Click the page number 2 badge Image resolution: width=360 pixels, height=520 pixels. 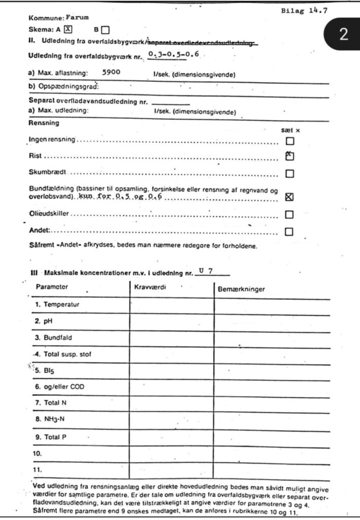pyautogui.click(x=343, y=35)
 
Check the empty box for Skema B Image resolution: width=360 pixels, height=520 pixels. pyautogui.click(x=105, y=29)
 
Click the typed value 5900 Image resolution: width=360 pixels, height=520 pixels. pyautogui.click(x=111, y=73)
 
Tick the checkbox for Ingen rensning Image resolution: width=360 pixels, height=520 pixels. pyautogui.click(x=290, y=141)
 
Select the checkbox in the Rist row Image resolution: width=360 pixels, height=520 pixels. pyautogui.click(x=290, y=156)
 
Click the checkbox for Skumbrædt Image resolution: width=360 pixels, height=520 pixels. pyautogui.click(x=290, y=174)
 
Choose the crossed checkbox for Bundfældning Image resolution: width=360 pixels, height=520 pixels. pyautogui.click(x=290, y=198)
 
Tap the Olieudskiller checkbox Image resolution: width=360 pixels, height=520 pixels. pyautogui.click(x=290, y=214)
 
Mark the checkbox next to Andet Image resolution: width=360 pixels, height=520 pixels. pyautogui.click(x=290, y=232)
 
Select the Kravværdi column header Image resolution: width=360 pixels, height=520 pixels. pyautogui.click(x=150, y=287)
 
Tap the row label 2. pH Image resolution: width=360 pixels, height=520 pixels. pyautogui.click(x=45, y=321)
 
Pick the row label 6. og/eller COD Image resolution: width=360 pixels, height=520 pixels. pyautogui.click(x=60, y=387)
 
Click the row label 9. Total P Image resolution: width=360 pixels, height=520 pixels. pyautogui.click(x=51, y=437)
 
